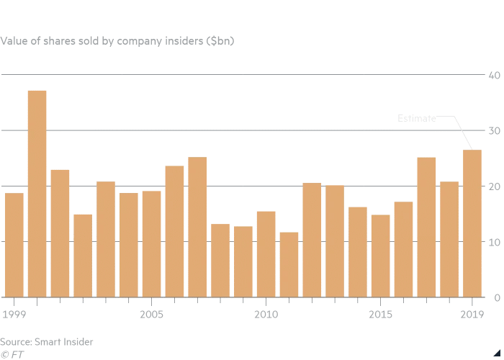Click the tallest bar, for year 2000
pyautogui.click(x=37, y=194)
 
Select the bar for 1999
pyautogui.click(x=14, y=245)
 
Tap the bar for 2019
pyautogui.click(x=472, y=223)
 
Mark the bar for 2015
pyautogui.click(x=381, y=256)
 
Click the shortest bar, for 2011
pyautogui.click(x=289, y=264)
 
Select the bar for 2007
pyautogui.click(x=197, y=227)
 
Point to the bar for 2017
pyautogui.click(x=426, y=227)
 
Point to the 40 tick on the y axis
pyautogui.click(x=495, y=75)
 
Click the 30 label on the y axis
pyautogui.click(x=495, y=130)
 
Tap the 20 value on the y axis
pyautogui.click(x=495, y=186)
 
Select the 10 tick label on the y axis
pyautogui.click(x=495, y=242)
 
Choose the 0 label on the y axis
pyautogui.click(x=497, y=297)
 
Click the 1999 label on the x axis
pyautogui.click(x=14, y=315)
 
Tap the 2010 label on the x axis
pyautogui.click(x=266, y=315)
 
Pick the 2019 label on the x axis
pyautogui.click(x=472, y=315)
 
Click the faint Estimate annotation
pyautogui.click(x=417, y=118)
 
